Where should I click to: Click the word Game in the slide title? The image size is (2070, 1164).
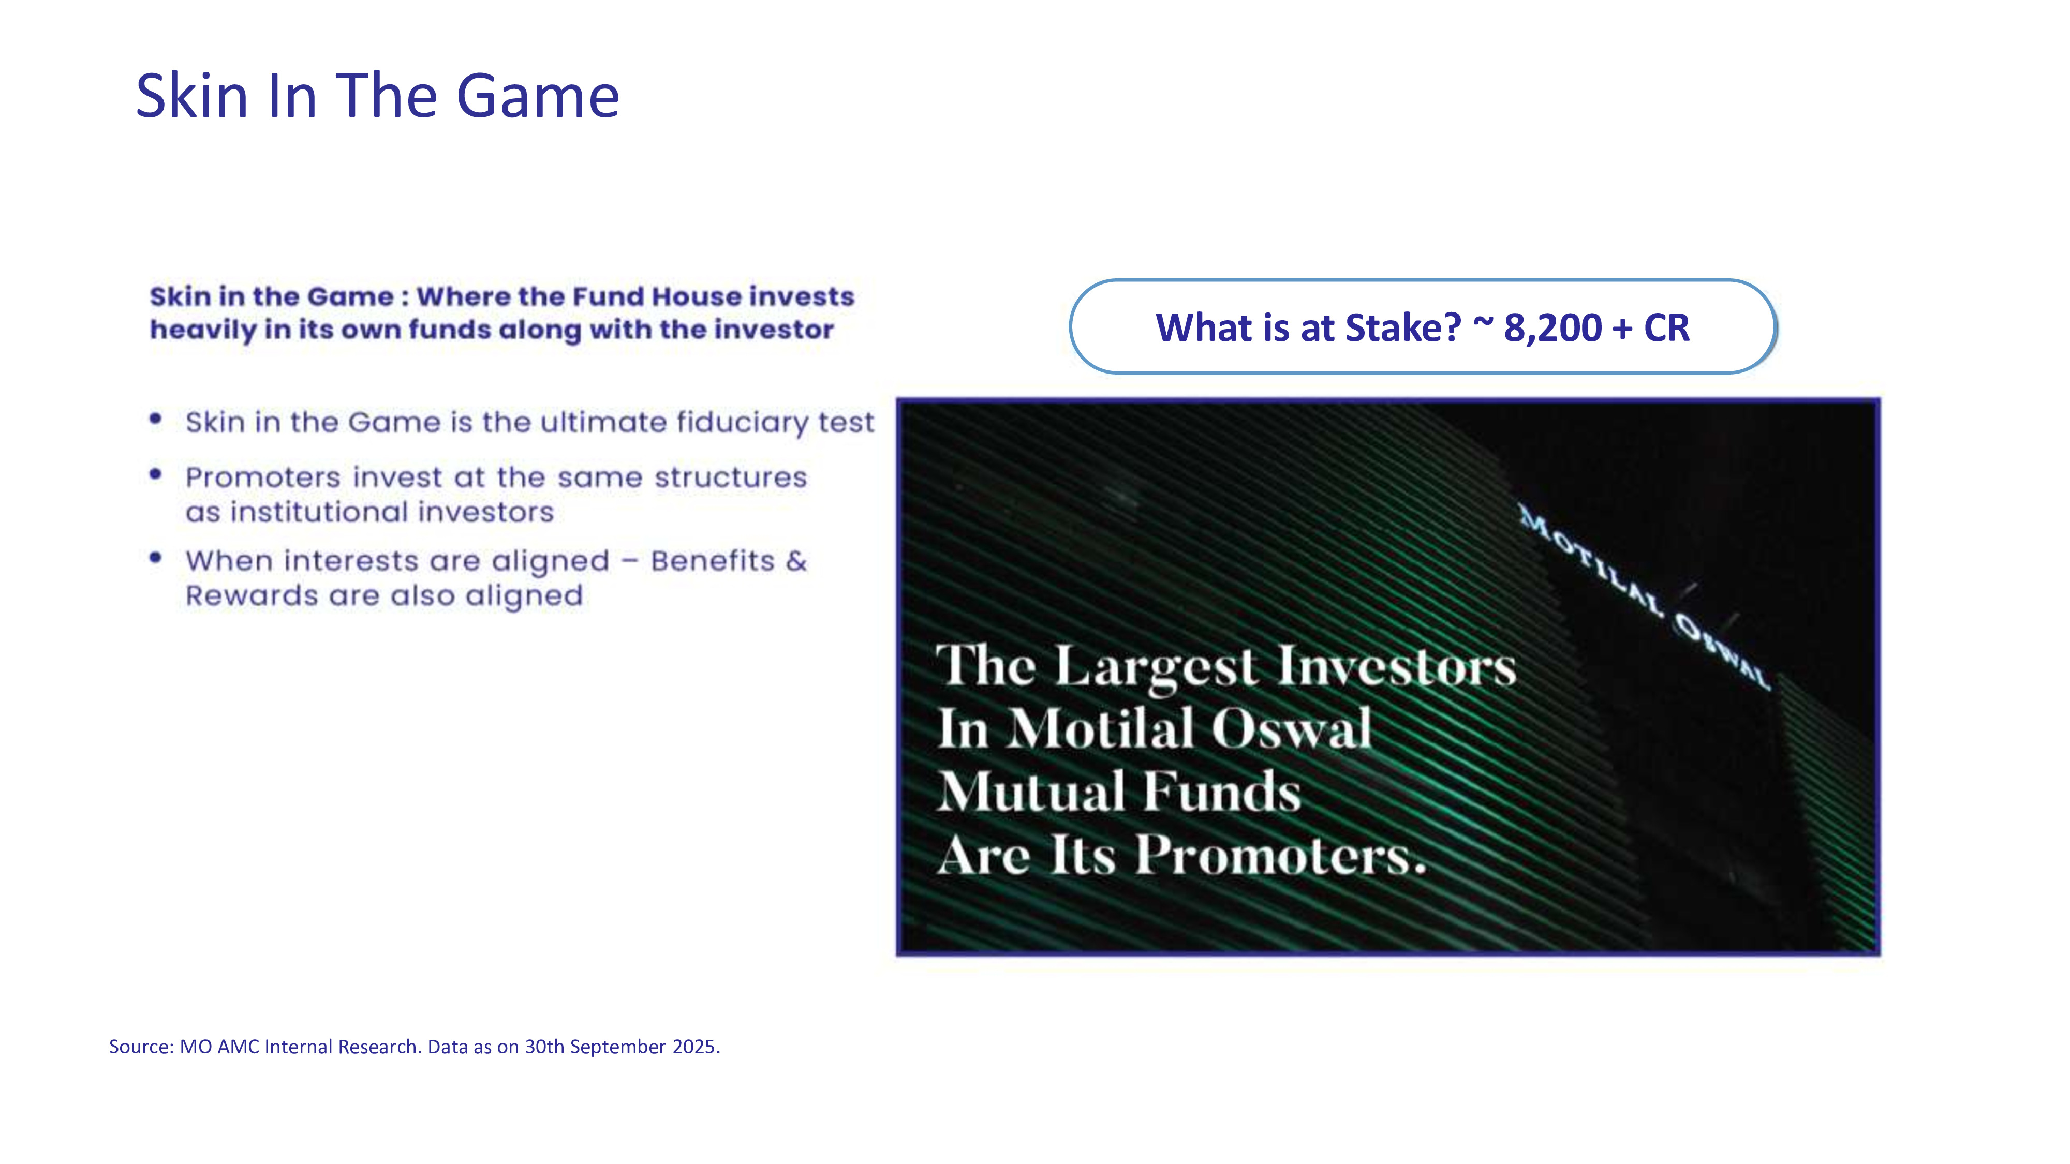(538, 96)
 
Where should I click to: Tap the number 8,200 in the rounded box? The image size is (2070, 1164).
(1552, 328)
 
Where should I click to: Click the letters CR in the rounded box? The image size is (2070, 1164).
(1666, 328)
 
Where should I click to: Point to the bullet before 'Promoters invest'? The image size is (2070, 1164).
(156, 474)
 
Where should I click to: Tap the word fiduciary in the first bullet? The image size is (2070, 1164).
(743, 423)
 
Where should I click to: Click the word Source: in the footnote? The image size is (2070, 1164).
(141, 1047)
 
